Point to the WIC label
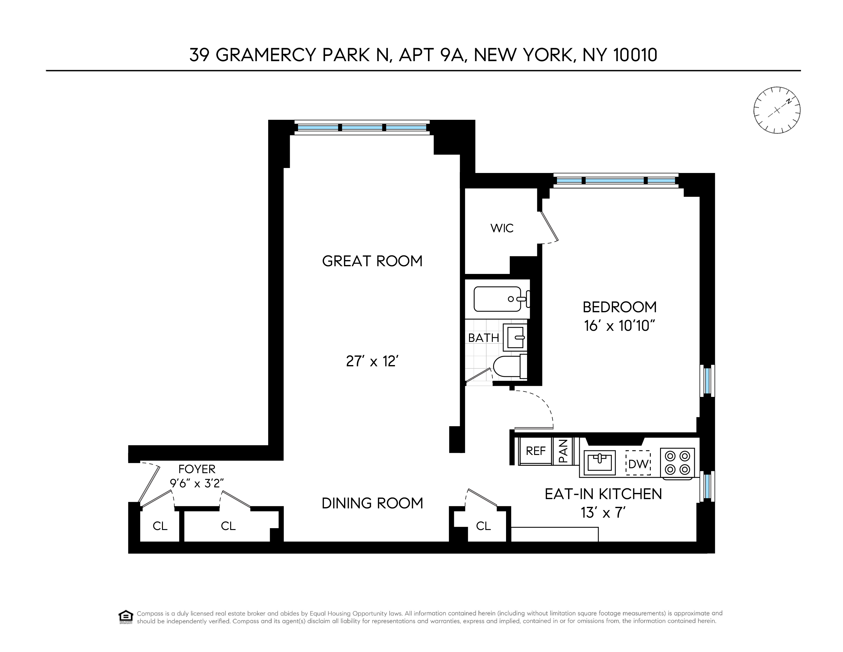(502, 228)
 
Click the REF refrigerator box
(536, 451)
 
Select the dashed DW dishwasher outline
(638, 463)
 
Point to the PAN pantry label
(563, 451)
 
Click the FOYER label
(197, 469)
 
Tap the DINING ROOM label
(372, 503)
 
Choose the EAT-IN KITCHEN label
(603, 494)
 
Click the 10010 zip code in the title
(635, 55)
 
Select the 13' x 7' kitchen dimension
(603, 513)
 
